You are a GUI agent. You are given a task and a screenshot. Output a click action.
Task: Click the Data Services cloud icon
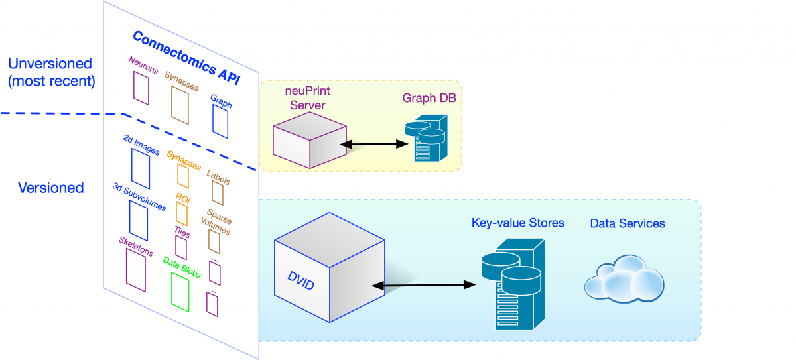click(x=624, y=282)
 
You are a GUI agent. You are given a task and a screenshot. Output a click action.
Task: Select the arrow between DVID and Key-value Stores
click(x=425, y=286)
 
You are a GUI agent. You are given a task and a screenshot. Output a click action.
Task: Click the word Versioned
click(x=50, y=188)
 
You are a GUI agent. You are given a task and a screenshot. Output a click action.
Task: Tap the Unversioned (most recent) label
click(x=50, y=73)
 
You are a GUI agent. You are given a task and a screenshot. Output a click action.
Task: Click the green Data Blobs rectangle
click(x=180, y=292)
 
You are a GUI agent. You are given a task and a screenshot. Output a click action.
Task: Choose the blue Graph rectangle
click(x=220, y=121)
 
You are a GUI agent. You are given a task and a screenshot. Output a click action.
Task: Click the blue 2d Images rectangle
click(x=140, y=168)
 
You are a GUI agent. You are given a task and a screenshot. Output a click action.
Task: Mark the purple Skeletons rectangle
click(x=135, y=269)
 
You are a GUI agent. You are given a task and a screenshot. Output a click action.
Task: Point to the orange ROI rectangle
click(x=181, y=213)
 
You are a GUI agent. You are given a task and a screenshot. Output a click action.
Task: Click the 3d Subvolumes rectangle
click(x=138, y=220)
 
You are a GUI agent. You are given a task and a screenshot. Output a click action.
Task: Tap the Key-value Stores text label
click(x=517, y=223)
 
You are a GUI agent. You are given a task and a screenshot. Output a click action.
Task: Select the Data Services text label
click(x=627, y=223)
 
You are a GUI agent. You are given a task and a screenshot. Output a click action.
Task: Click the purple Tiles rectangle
click(x=180, y=248)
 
